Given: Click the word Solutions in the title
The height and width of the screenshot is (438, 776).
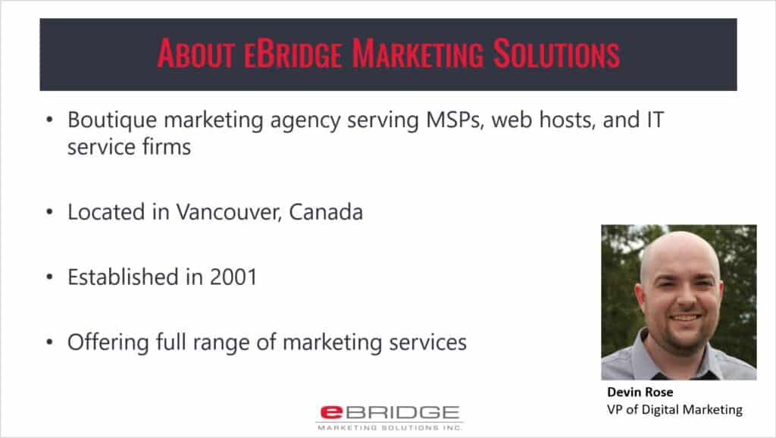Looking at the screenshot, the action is coord(556,54).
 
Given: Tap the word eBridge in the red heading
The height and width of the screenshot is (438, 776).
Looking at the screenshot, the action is coord(293,54).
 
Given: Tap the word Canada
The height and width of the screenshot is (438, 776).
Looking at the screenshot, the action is coord(326,212).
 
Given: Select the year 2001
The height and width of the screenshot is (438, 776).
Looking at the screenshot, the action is coord(233,277).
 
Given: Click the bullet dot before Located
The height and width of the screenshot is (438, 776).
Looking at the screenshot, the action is coord(49,212).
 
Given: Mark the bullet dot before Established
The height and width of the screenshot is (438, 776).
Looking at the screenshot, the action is coord(49,277).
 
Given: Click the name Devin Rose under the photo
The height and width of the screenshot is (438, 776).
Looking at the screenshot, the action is coord(640,392).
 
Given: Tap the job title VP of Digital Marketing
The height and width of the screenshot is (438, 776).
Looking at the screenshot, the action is coord(674,410).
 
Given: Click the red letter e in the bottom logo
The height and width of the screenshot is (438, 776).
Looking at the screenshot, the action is coord(331,412).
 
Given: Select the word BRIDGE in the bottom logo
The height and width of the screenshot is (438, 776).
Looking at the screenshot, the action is coord(402,412).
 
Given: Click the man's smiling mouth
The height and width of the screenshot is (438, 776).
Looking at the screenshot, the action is coord(685,318).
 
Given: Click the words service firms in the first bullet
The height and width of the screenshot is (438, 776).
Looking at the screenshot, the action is coord(129,147).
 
